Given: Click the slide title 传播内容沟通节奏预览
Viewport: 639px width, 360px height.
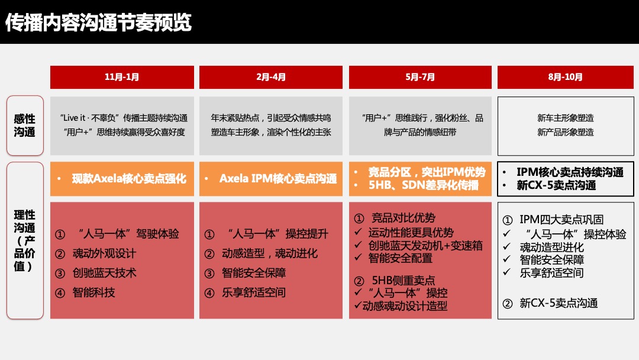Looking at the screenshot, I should (x=98, y=22).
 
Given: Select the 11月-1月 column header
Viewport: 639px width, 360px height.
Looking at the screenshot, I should (x=122, y=77).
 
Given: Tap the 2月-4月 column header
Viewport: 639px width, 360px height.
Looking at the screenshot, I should (x=271, y=77).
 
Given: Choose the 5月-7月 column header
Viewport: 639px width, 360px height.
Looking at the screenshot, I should (x=420, y=77).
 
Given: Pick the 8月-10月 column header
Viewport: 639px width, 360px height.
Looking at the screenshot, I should (x=566, y=77).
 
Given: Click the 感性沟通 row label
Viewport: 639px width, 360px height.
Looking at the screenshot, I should (x=25, y=126).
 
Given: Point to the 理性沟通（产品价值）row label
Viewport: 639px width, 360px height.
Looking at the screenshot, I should (x=25, y=240).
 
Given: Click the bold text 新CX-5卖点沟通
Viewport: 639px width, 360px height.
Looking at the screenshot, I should (x=556, y=185).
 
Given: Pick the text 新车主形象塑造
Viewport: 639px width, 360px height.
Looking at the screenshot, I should (x=565, y=118).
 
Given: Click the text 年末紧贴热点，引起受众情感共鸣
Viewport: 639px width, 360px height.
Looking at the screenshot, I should (x=271, y=118).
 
